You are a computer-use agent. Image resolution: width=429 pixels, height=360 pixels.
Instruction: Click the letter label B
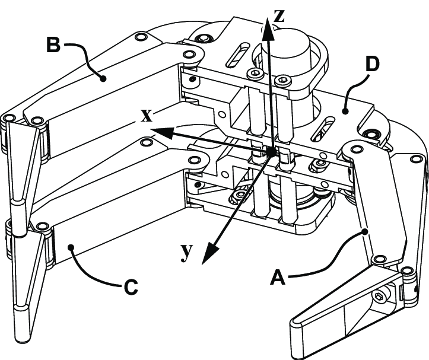[54, 45]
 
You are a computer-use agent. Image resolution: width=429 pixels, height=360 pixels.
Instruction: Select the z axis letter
[279, 15]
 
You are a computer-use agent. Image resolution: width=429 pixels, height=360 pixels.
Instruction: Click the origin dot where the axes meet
[271, 153]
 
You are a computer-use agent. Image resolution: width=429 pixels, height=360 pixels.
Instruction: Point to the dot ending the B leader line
[103, 78]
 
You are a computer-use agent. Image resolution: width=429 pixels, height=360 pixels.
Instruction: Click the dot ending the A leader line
[366, 231]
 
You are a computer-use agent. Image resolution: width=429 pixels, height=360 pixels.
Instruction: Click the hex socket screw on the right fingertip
[379, 295]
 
